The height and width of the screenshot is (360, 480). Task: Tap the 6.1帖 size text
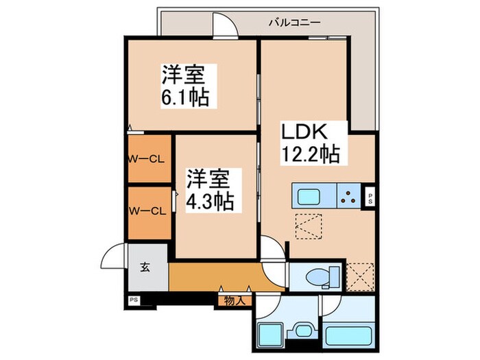[185, 97]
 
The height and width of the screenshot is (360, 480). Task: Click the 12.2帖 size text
[309, 154]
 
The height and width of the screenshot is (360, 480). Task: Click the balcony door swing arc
[224, 21]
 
